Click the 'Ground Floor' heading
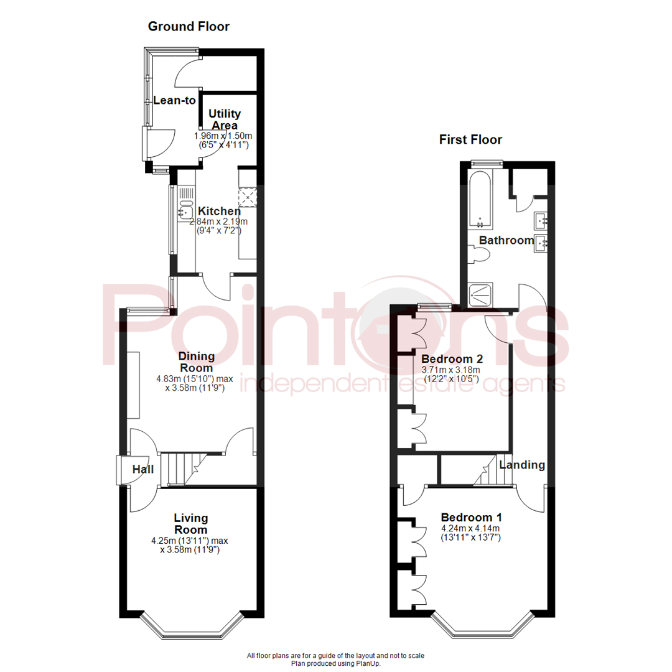[x=189, y=27]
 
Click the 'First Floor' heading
[x=470, y=139]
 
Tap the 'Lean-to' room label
[x=175, y=101]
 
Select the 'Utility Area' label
[x=225, y=119]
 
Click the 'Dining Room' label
[x=197, y=362]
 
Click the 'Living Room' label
[x=191, y=523]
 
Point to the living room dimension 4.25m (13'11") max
[x=194, y=540]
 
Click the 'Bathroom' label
[x=506, y=240]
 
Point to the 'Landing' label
[x=522, y=465]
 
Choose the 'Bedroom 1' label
[x=471, y=517]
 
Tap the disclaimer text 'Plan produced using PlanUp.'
[x=336, y=663]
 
